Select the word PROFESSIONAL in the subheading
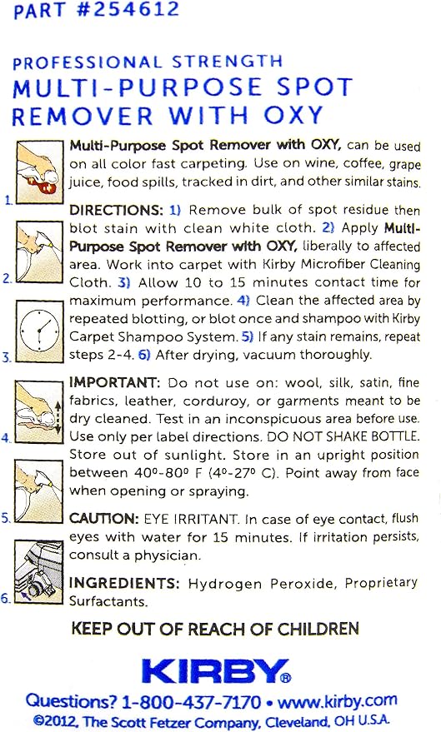pyautogui.click(x=87, y=62)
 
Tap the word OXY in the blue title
pyautogui.click(x=293, y=115)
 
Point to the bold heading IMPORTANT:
pyautogui.click(x=114, y=383)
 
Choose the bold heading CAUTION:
pyautogui.click(x=103, y=519)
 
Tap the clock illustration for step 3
pyautogui.click(x=40, y=331)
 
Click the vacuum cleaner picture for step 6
pyautogui.click(x=39, y=572)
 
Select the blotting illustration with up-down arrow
pyautogui.click(x=39, y=411)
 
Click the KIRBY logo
pyautogui.click(x=217, y=671)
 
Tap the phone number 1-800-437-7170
pyautogui.click(x=191, y=702)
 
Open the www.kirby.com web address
pyautogui.click(x=338, y=700)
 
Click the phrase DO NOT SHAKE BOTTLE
pyautogui.click(x=343, y=436)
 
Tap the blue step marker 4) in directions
pyautogui.click(x=244, y=300)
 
